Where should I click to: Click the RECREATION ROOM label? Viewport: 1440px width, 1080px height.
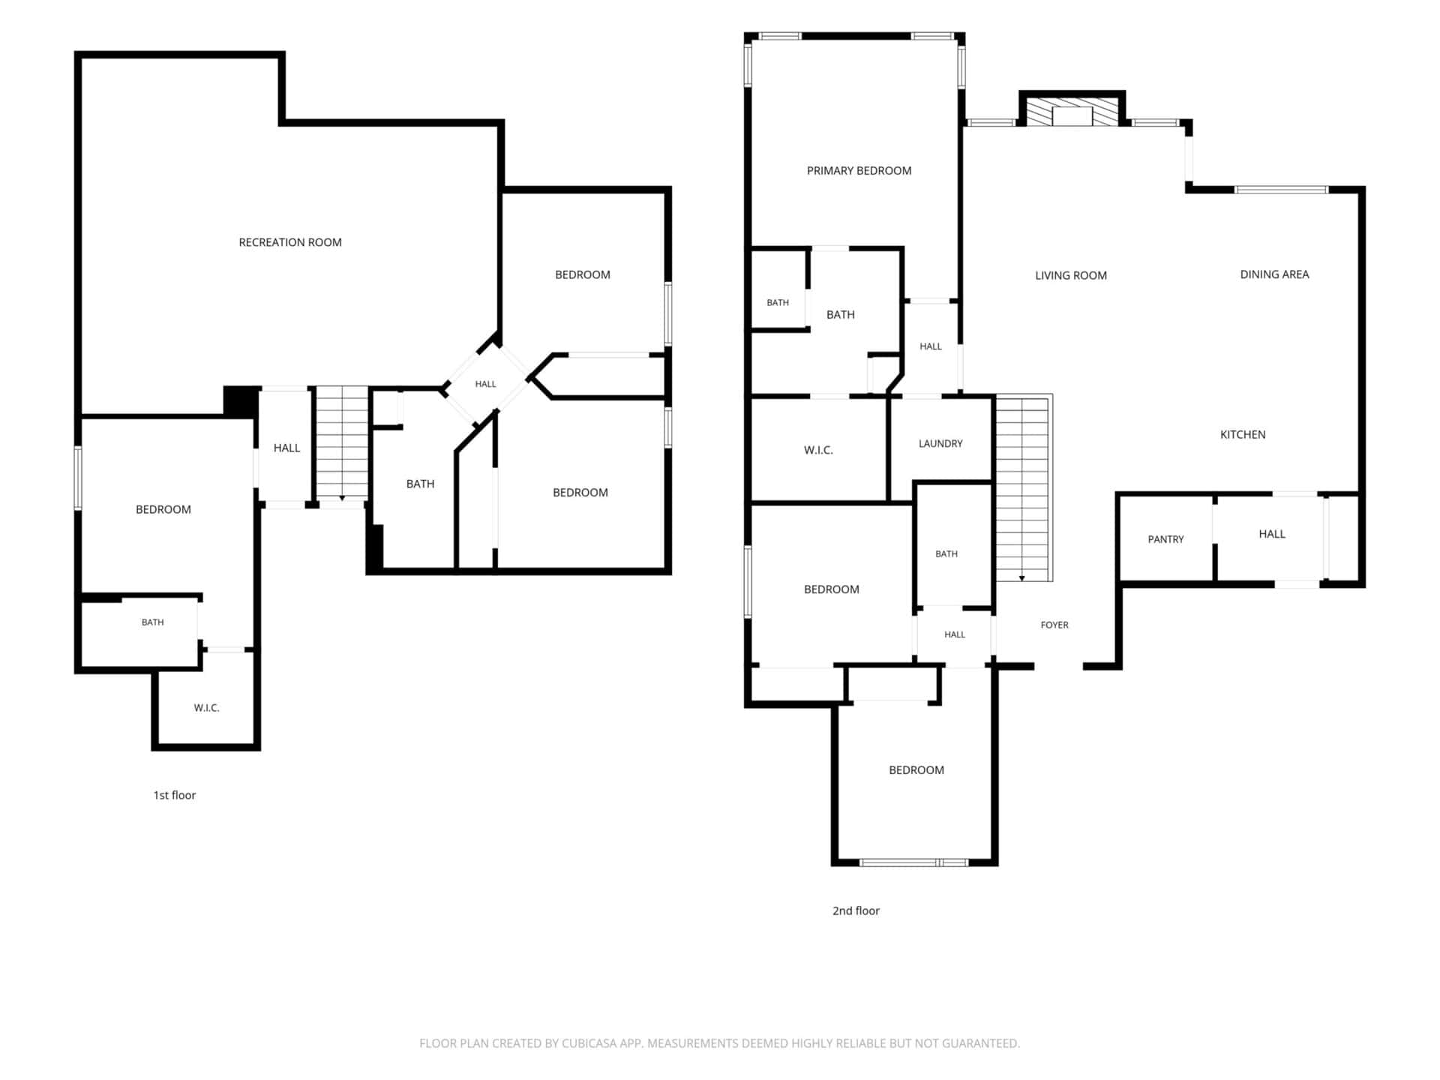tap(290, 242)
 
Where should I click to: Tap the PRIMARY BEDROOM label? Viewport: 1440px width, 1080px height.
tap(859, 171)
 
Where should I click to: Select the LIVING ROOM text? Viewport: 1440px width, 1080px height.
tap(1071, 275)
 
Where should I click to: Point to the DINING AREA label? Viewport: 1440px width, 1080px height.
tap(1274, 274)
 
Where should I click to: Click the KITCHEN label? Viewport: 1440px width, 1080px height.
tap(1243, 434)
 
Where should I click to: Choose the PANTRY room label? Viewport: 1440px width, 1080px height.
tap(1165, 539)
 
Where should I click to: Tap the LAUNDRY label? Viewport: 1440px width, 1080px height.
tap(940, 443)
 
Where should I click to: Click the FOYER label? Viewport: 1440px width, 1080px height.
tap(1054, 625)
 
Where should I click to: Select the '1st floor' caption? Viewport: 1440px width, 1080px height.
tap(175, 795)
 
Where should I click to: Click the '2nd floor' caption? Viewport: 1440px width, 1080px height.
tap(856, 910)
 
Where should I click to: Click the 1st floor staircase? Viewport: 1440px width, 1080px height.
tap(342, 443)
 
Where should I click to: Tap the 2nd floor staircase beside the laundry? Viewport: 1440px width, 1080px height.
tap(1024, 488)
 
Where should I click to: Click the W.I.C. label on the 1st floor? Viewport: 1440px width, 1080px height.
tap(206, 708)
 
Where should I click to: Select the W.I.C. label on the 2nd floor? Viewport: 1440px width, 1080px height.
tap(818, 450)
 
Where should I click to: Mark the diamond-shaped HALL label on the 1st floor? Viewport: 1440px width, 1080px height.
tap(485, 384)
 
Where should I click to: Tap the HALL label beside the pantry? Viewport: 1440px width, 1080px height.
tap(1272, 534)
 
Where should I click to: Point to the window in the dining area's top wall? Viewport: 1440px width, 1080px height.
tap(1282, 190)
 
